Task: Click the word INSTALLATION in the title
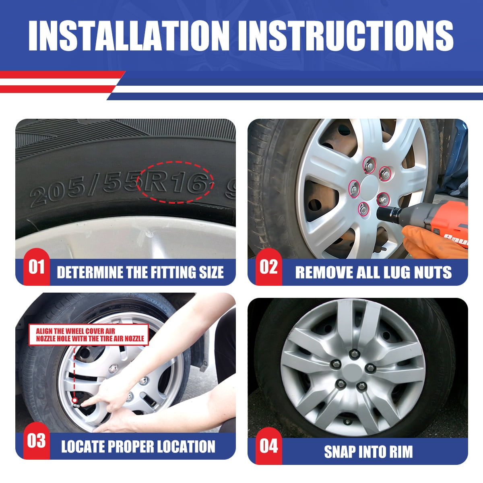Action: click(129, 35)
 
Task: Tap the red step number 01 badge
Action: click(37, 267)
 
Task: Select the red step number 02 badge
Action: click(269, 267)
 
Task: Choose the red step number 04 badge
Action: click(269, 446)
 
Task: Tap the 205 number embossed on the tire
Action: click(56, 192)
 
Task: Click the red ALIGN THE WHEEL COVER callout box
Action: click(89, 335)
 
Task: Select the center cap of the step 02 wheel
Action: click(369, 187)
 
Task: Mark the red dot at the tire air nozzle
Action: click(74, 400)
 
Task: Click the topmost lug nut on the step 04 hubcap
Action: click(355, 354)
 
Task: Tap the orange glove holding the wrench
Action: click(426, 242)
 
